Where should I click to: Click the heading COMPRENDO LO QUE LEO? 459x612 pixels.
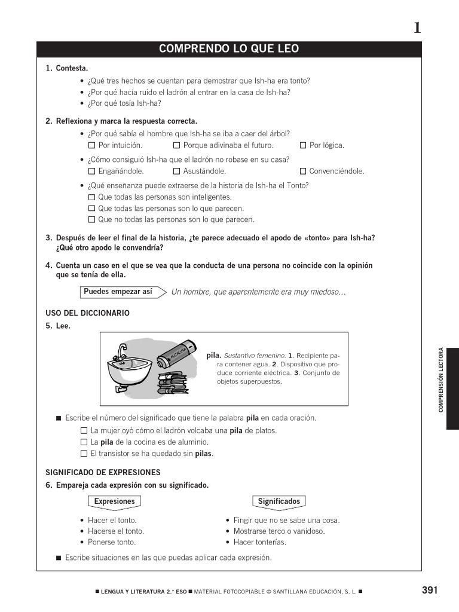(x=229, y=49)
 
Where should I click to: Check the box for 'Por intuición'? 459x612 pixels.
(x=91, y=145)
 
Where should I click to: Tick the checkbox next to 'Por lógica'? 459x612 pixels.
(x=303, y=145)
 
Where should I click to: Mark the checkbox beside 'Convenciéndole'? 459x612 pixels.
(x=303, y=172)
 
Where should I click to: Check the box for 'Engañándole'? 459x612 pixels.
(x=91, y=172)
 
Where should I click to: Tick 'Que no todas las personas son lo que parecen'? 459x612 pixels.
(x=91, y=220)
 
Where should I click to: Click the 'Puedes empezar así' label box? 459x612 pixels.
(x=118, y=292)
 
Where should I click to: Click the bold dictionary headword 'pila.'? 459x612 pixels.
(x=213, y=355)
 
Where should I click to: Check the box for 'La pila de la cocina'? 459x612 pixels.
(x=84, y=442)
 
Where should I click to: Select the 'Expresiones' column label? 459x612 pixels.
(x=114, y=501)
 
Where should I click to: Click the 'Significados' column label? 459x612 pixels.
(x=279, y=501)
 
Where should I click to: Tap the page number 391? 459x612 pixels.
(x=430, y=590)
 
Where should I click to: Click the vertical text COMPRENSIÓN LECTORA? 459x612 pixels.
(x=441, y=380)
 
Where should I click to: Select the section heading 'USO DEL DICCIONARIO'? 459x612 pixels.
(x=87, y=313)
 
